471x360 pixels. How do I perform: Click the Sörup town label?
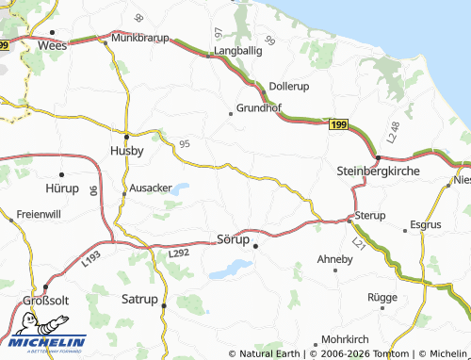coord(233,239)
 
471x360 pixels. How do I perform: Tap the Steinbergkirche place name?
coord(377,172)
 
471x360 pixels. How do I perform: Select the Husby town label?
coord(127,150)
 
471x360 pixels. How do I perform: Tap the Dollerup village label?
coord(289,86)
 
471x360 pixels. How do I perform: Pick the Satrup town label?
coord(139,301)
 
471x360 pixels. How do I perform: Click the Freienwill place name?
coord(37,213)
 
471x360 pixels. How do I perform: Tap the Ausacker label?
coord(151,188)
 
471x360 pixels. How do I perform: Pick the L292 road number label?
coord(178,253)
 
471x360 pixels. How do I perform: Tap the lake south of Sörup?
coord(228,270)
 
